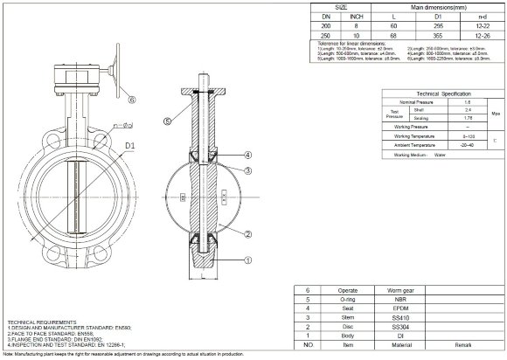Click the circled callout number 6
132,100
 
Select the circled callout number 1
249,260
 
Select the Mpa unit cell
495,114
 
